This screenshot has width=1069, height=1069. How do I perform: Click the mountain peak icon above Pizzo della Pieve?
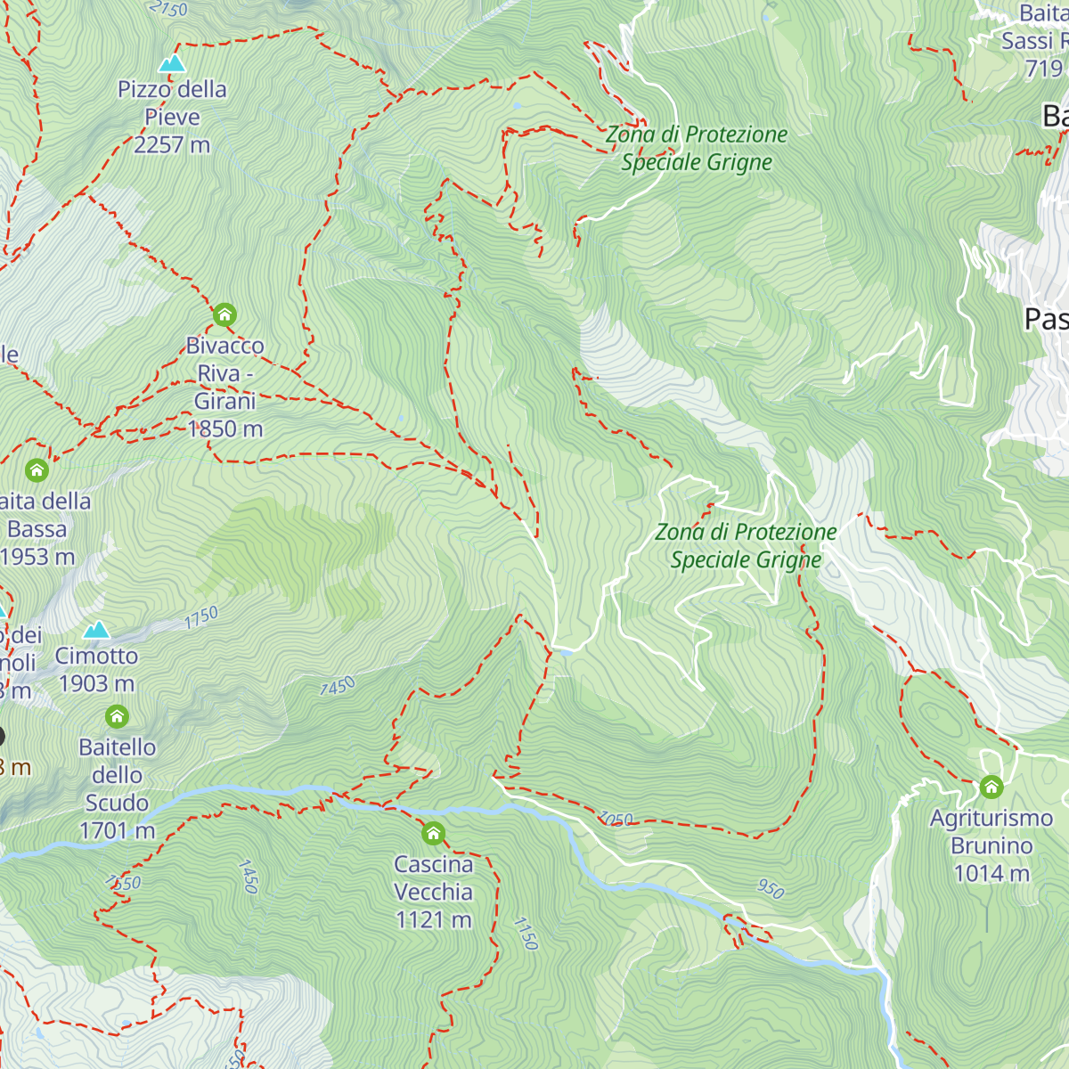172,62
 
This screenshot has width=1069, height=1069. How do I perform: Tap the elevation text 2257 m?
172,144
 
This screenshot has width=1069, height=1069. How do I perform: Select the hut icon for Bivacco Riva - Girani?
224,314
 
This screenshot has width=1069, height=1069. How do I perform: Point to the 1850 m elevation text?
225,428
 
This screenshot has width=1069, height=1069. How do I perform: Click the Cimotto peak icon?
96,630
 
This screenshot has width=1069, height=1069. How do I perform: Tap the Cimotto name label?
96,656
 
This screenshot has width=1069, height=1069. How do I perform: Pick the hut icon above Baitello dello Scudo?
117,716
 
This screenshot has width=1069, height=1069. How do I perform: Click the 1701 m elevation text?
117,830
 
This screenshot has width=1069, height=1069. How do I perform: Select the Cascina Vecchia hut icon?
433,834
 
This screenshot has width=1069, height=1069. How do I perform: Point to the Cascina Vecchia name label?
434,878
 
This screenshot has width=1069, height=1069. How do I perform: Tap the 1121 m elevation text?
434,919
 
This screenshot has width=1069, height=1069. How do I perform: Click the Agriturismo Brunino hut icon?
991,787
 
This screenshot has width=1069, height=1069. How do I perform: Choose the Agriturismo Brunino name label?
991,832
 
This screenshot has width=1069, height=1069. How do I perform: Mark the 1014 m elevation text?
991,873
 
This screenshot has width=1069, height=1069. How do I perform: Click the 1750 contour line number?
202,617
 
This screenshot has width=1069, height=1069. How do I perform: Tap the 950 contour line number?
771,888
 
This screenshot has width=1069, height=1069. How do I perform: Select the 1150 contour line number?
526,933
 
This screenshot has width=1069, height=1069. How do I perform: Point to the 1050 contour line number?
616,819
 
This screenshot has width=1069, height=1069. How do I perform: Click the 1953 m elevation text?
37,557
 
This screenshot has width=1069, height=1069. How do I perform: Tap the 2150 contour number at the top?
168,9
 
